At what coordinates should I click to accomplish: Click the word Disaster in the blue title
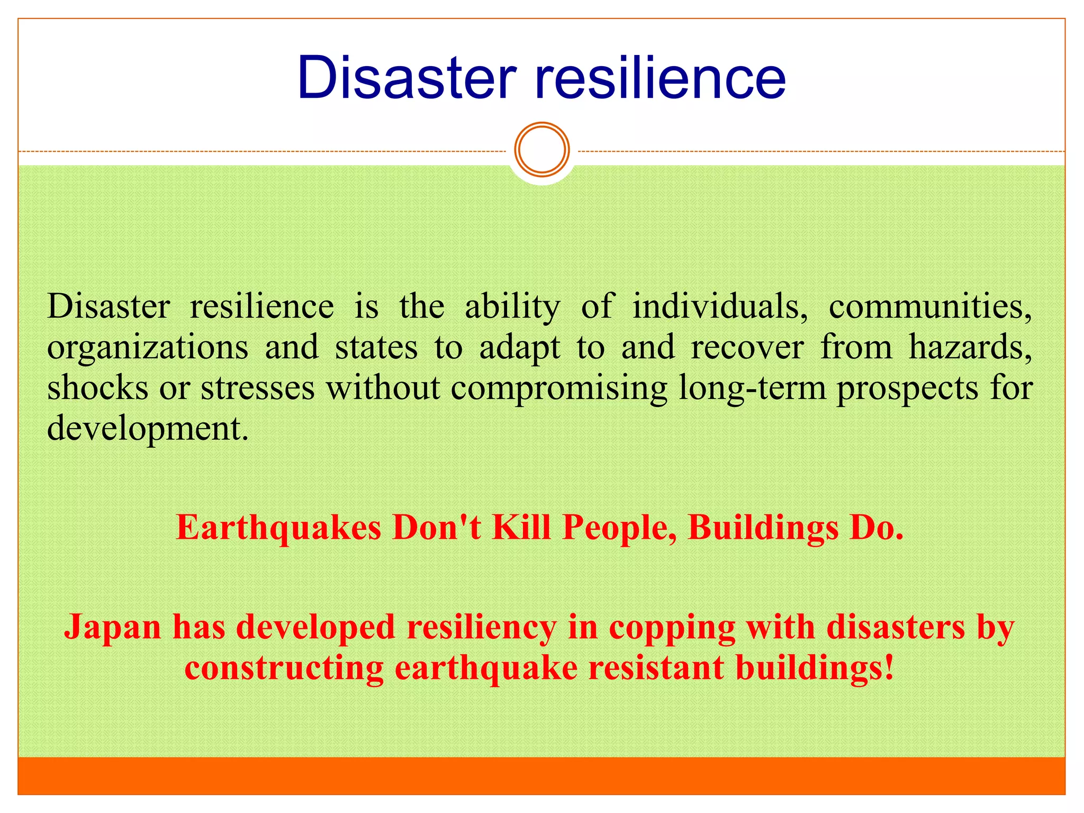click(x=406, y=78)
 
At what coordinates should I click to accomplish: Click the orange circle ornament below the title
click(x=542, y=150)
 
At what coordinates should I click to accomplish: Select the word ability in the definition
click(x=512, y=307)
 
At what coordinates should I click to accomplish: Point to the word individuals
click(x=720, y=307)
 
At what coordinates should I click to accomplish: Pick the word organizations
click(x=148, y=348)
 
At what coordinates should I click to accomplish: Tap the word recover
click(x=747, y=347)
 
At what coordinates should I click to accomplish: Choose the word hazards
click(x=970, y=347)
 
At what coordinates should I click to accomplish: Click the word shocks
click(x=97, y=387)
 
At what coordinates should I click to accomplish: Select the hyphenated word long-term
click(x=752, y=389)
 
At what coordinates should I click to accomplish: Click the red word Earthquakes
click(x=278, y=528)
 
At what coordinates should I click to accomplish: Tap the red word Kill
click(x=522, y=528)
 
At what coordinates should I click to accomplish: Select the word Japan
click(x=112, y=628)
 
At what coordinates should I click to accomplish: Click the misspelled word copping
click(x=672, y=629)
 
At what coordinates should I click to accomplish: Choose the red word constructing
click(x=284, y=668)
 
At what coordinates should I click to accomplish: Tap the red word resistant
click(x=656, y=668)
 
